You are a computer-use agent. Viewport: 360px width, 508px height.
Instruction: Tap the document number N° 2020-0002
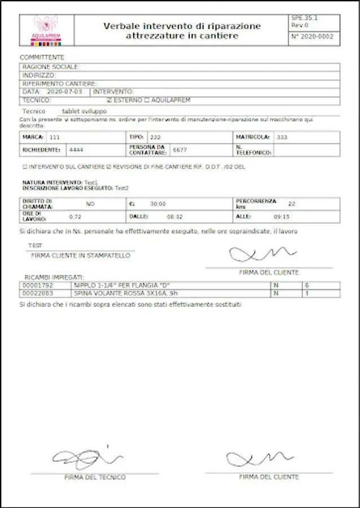point(312,37)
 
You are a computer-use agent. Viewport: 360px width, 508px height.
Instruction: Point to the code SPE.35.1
point(304,19)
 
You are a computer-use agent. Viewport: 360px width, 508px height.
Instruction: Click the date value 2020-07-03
point(65,91)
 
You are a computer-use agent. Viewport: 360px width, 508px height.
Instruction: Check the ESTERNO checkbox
point(109,100)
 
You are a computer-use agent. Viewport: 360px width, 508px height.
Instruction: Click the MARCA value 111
point(55,137)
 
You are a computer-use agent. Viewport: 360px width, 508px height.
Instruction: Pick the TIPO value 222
point(155,137)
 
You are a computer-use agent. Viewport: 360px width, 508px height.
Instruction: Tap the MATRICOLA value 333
point(282,137)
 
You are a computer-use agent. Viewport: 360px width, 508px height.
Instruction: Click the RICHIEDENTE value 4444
point(76,150)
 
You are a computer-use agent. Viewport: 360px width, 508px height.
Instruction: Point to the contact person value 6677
point(179,150)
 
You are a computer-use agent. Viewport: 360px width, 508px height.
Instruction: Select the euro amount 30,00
point(158,204)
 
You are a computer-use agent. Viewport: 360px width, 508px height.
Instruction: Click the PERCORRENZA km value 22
point(291,203)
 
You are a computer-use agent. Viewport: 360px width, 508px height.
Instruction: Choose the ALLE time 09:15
point(281,216)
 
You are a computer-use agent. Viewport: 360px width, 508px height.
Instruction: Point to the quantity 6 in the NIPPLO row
point(306,286)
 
